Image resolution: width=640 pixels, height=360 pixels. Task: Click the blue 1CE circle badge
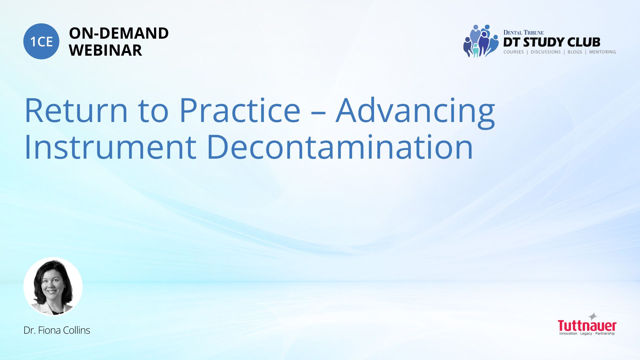coord(41,41)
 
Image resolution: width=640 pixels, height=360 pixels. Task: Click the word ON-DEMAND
coord(119,33)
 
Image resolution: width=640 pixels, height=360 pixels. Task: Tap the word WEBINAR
coord(105,50)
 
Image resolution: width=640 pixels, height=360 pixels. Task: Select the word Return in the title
coord(76,110)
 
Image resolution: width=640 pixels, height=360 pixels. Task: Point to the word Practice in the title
coord(240,110)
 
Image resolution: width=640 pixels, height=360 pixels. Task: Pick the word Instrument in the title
coord(110,147)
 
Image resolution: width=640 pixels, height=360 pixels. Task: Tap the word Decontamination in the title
coord(340,147)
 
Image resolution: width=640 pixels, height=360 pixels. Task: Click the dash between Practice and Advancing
coord(318,113)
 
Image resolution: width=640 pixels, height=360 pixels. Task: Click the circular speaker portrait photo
coord(53,287)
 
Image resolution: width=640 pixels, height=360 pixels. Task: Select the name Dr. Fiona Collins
coord(57,330)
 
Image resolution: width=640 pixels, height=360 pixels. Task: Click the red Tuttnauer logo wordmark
coord(587,326)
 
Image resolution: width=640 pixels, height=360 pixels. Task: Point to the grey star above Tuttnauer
coord(593,316)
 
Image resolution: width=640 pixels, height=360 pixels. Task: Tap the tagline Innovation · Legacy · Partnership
coord(587,334)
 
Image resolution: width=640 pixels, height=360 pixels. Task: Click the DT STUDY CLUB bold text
coord(552,42)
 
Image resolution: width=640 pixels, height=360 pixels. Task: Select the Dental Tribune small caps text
coord(523,33)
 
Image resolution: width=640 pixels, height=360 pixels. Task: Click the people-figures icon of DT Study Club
coord(481,41)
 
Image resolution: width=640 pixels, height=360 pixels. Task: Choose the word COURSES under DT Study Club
coord(514,52)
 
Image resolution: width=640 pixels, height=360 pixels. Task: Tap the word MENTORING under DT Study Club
coord(602,52)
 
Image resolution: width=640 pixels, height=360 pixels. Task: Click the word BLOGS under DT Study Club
coord(575,52)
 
